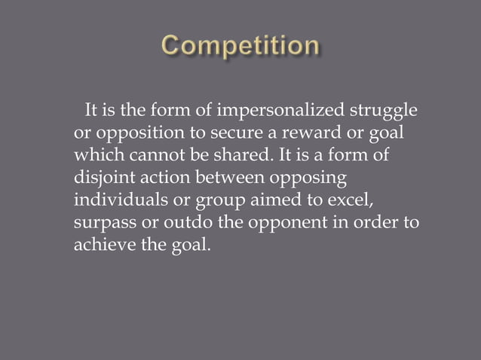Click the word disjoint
[x=101, y=179]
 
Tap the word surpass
[x=103, y=224]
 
